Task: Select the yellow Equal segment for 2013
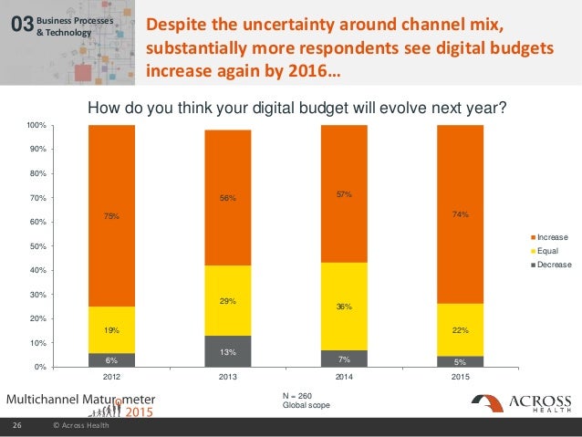coord(228,300)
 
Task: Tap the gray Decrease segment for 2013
coord(228,351)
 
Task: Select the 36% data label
coord(344,307)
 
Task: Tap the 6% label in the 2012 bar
coord(112,360)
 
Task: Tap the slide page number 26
coord(16,426)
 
